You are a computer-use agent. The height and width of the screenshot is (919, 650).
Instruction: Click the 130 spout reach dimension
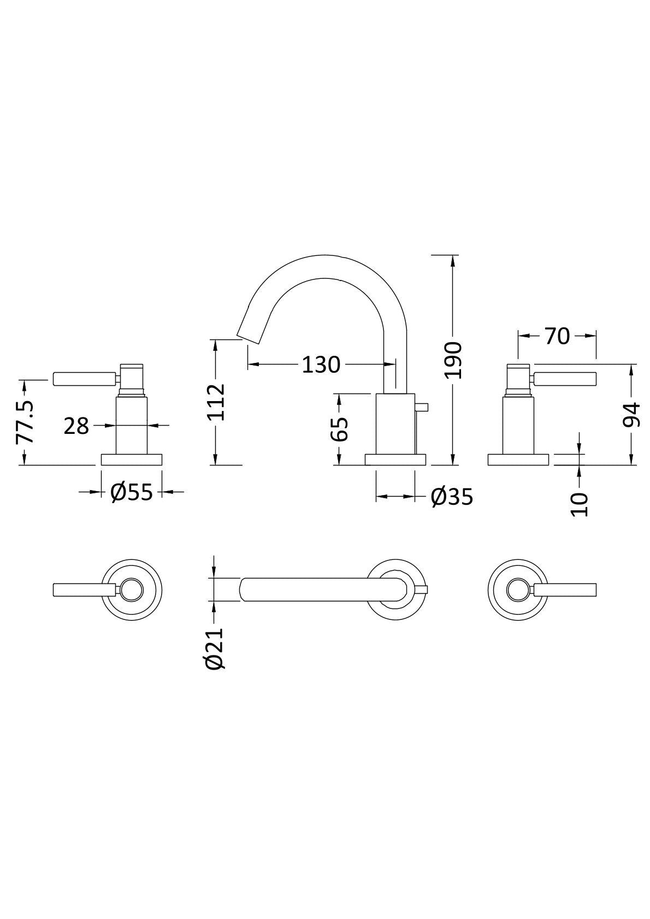321,364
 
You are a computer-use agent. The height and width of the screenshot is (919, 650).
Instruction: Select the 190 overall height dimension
453,360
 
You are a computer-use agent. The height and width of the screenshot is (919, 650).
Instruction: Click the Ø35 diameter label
451,497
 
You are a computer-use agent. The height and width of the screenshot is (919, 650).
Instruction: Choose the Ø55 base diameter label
132,492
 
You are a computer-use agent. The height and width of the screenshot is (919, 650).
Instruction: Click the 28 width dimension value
76,426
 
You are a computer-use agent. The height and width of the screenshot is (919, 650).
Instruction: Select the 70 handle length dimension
557,337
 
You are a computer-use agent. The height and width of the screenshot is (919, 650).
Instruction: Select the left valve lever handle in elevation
85,379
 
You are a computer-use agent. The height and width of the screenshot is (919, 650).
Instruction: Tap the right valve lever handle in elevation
565,379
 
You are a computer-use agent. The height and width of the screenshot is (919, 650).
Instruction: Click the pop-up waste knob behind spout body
422,407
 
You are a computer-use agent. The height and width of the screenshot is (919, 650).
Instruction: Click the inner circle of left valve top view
132,589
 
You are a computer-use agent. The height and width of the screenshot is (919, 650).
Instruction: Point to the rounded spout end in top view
245,589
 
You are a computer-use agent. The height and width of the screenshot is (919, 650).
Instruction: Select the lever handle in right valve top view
565,589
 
